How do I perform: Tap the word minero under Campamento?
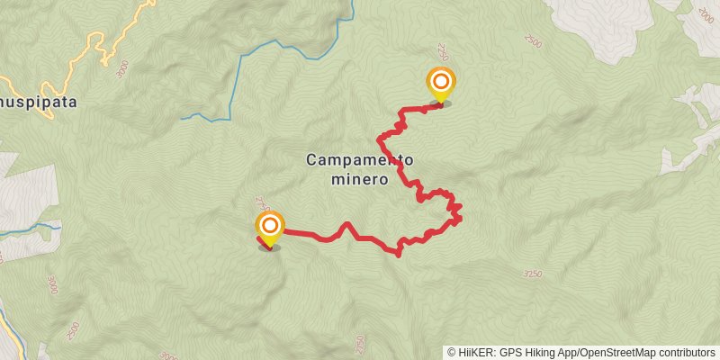(359, 178)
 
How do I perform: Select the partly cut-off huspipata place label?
(38, 103)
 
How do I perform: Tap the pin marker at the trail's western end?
(269, 227)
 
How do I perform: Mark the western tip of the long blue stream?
(183, 117)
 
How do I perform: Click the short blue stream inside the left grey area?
(27, 231)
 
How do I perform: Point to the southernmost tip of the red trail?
(398, 254)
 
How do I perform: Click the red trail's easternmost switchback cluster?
(455, 212)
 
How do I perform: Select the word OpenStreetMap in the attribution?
(614, 352)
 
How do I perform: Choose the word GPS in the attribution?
(510, 352)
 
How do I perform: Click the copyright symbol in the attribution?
(452, 352)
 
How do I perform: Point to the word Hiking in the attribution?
(542, 352)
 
